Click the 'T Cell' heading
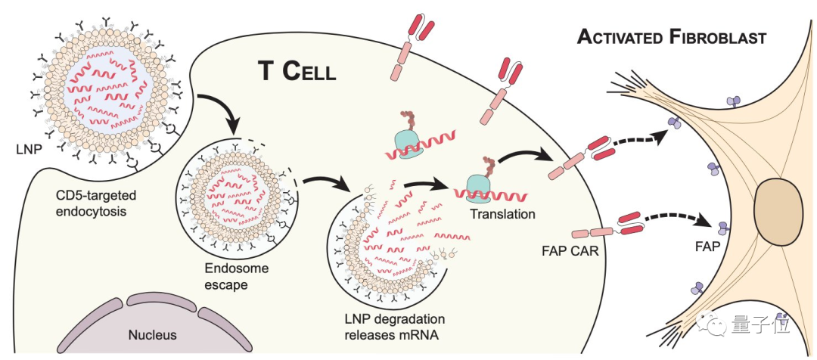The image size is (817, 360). [297, 70]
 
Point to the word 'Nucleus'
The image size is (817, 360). [152, 334]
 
